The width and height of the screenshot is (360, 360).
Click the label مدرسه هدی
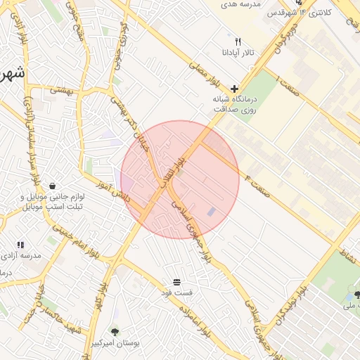[240, 4]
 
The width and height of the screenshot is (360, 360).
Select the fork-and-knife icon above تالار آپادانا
[238, 42]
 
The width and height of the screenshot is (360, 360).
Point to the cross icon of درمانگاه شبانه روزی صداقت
[234, 89]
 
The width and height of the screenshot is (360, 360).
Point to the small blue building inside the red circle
[212, 212]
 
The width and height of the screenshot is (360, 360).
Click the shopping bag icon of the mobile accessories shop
[53, 186]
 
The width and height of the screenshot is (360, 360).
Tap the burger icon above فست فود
[176, 281]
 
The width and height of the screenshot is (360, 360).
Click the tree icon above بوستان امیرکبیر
[115, 331]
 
